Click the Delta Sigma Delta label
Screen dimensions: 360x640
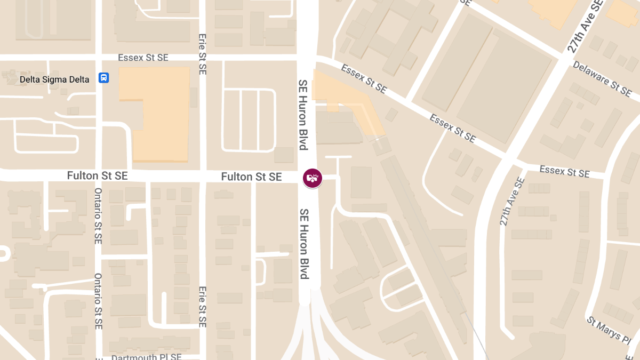click(54, 79)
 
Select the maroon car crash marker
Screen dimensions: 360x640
click(313, 178)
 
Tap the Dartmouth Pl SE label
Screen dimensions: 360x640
click(147, 357)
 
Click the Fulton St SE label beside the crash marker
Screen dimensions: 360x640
click(251, 177)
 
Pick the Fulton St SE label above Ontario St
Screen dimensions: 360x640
click(97, 175)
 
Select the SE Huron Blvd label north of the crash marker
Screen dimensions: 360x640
click(303, 115)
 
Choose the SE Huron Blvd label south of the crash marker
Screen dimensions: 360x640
click(304, 244)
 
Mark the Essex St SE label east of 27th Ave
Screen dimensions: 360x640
click(564, 172)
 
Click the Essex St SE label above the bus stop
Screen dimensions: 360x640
click(143, 58)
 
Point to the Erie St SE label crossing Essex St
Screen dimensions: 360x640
click(202, 55)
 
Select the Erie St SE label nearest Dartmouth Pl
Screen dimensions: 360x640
click(202, 307)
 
